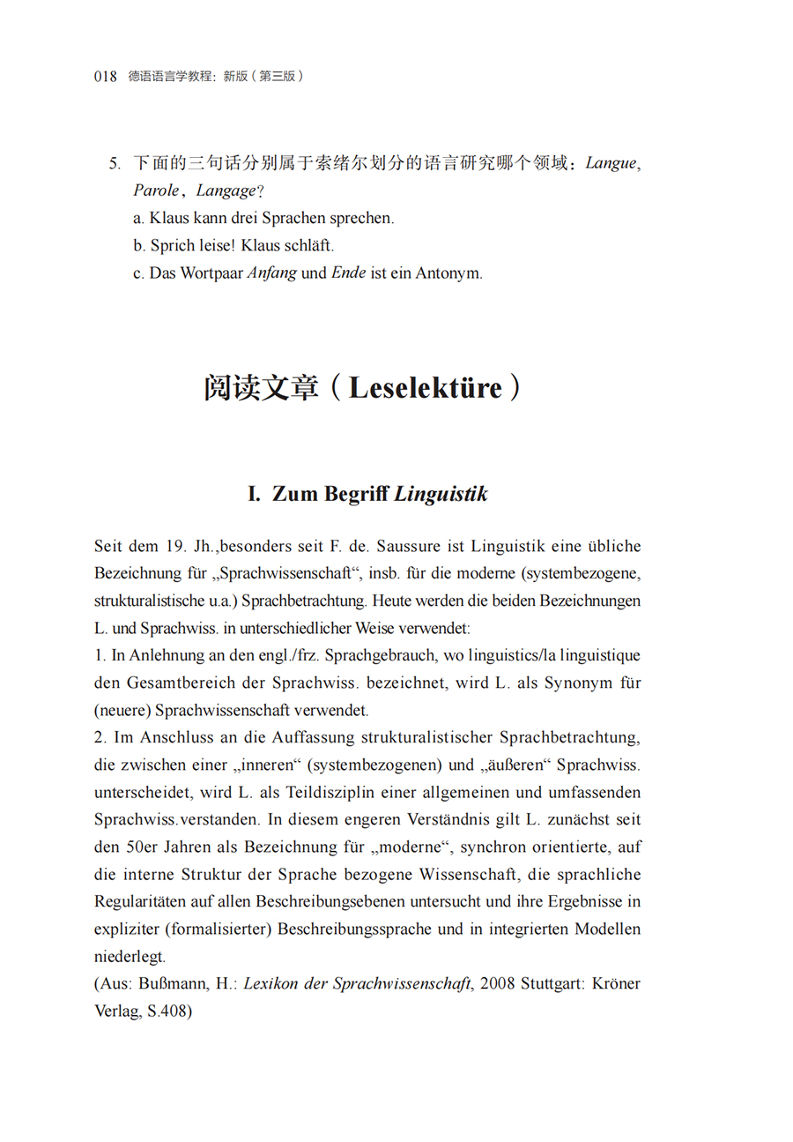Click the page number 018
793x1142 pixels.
106,77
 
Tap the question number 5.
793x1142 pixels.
114,163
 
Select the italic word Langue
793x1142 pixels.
610,163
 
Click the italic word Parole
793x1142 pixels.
156,190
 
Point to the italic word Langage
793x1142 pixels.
226,190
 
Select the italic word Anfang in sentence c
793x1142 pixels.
271,273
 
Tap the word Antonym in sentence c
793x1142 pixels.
453,273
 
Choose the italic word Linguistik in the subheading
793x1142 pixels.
441,495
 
